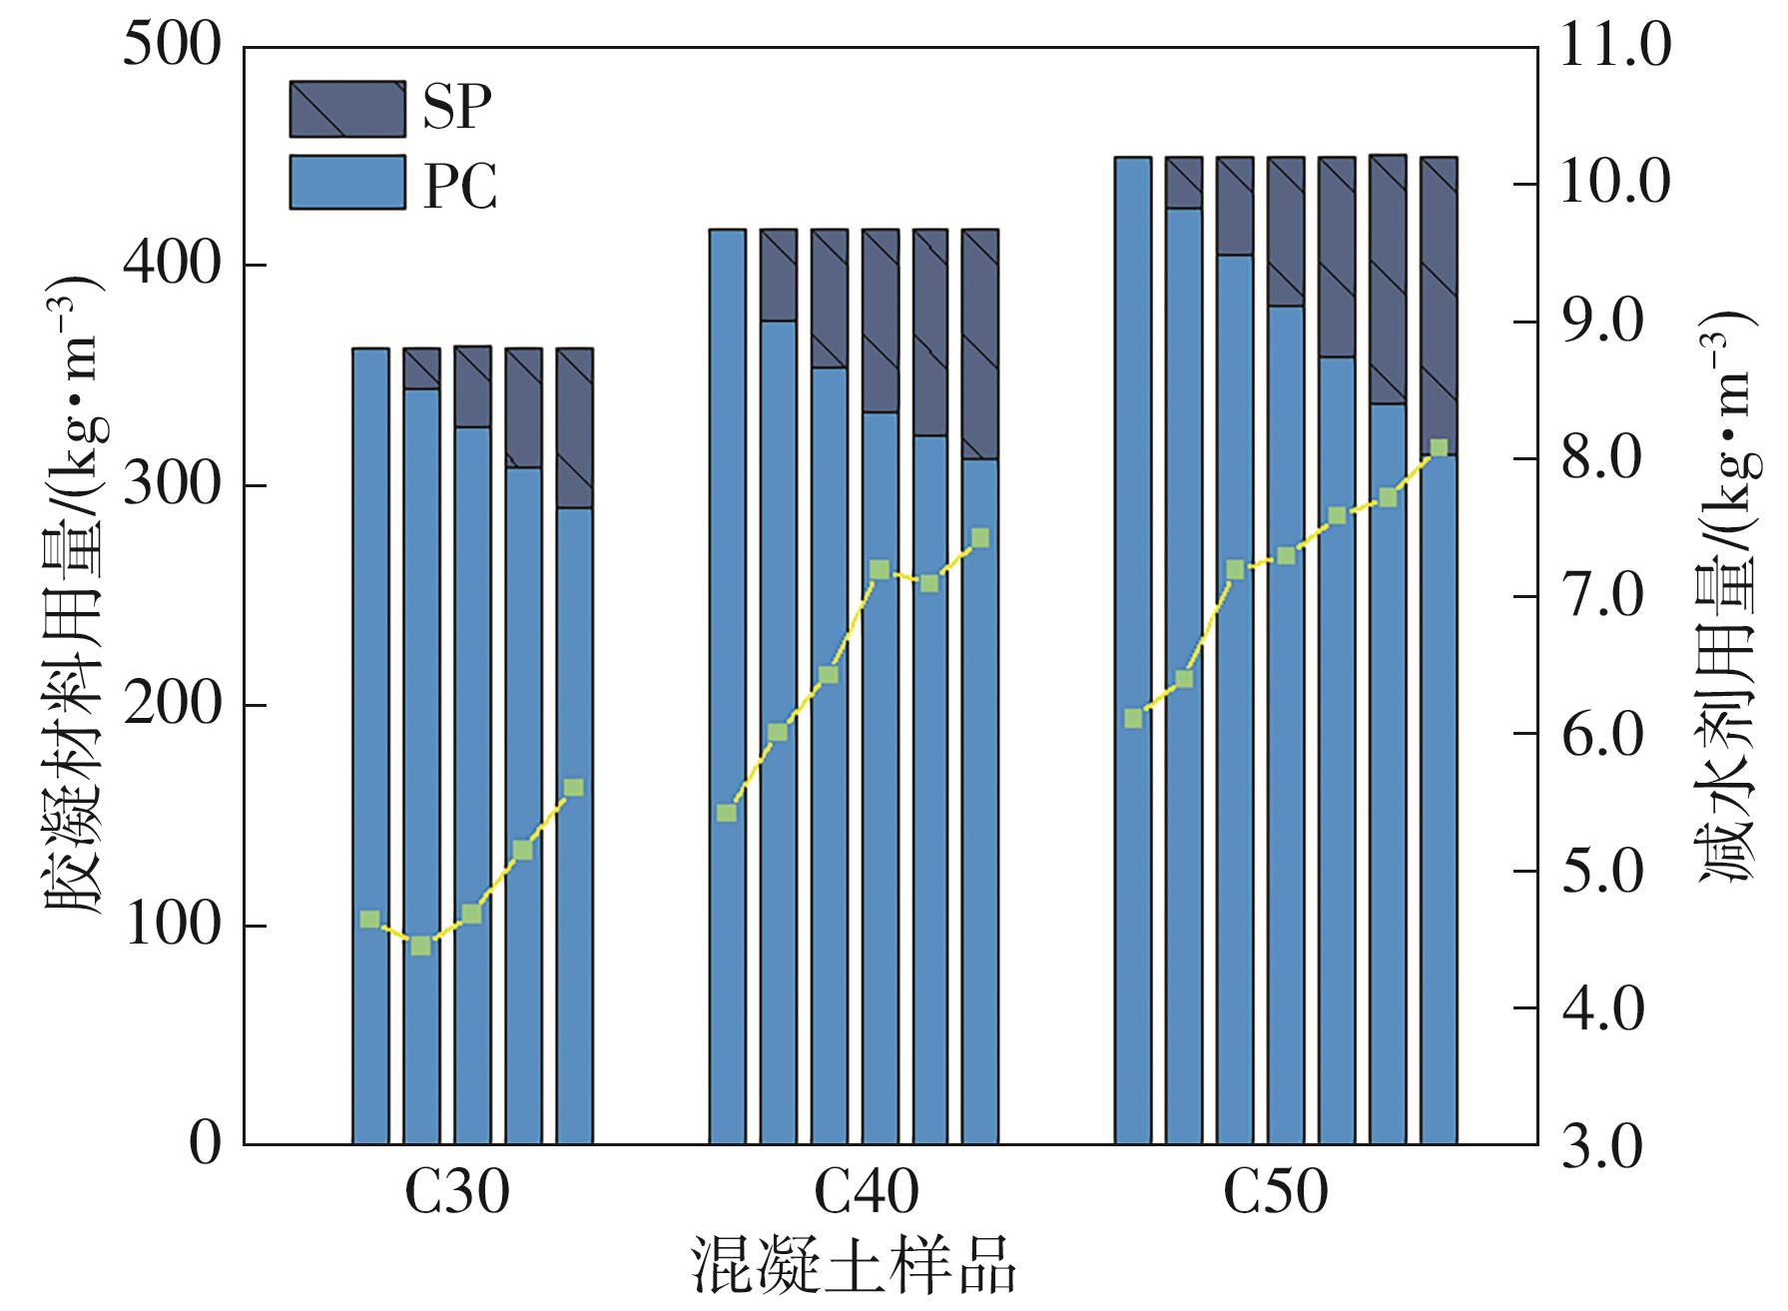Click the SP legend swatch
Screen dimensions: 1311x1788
point(347,109)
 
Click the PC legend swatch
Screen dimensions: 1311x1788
point(347,182)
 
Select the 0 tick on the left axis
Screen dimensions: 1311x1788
point(204,1144)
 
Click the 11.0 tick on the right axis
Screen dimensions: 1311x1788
point(1614,46)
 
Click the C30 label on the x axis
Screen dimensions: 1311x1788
point(456,1191)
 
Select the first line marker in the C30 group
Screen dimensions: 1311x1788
point(369,920)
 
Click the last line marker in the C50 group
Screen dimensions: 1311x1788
point(1439,448)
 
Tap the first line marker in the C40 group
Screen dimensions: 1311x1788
point(727,813)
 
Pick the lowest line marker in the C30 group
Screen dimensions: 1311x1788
point(421,946)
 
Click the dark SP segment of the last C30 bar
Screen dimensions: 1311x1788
point(574,427)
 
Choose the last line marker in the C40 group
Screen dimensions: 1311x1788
point(979,538)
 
